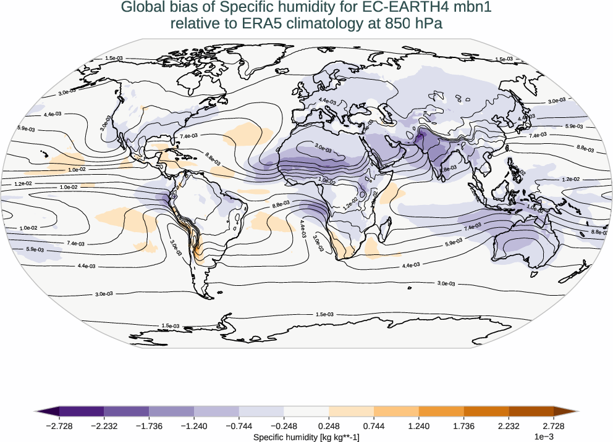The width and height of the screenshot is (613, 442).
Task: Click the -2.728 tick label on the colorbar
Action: pos(59,426)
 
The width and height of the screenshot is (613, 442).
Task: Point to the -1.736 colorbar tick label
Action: pos(149,426)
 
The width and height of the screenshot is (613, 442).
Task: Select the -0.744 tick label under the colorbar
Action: pos(239,426)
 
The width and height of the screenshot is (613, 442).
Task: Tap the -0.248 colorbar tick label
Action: pos(284,426)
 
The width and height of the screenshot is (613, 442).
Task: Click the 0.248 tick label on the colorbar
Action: pos(329,426)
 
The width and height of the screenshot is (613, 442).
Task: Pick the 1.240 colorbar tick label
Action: pos(418,426)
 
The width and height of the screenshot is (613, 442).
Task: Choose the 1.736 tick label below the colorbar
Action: pos(463,426)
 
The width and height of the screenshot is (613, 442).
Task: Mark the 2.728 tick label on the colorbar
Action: pos(553,426)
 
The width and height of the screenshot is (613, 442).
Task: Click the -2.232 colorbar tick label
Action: pos(104,426)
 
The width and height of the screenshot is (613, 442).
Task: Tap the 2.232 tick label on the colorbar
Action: pos(509,426)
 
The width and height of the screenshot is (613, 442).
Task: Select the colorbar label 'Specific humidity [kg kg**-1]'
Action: pos(306,437)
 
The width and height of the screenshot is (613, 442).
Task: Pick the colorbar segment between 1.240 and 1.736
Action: pos(441,411)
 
